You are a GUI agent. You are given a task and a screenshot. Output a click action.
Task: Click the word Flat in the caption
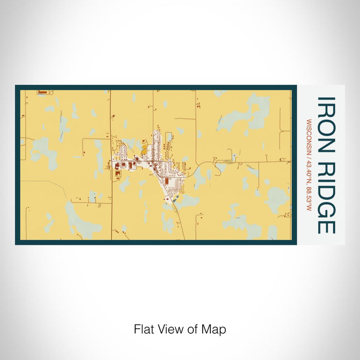tap(143, 329)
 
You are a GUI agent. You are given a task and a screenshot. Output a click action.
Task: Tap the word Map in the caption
tap(215, 329)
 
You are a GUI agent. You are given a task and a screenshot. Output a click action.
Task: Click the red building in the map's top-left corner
tap(42, 93)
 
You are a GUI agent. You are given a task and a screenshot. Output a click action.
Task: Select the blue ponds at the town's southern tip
tap(174, 196)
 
